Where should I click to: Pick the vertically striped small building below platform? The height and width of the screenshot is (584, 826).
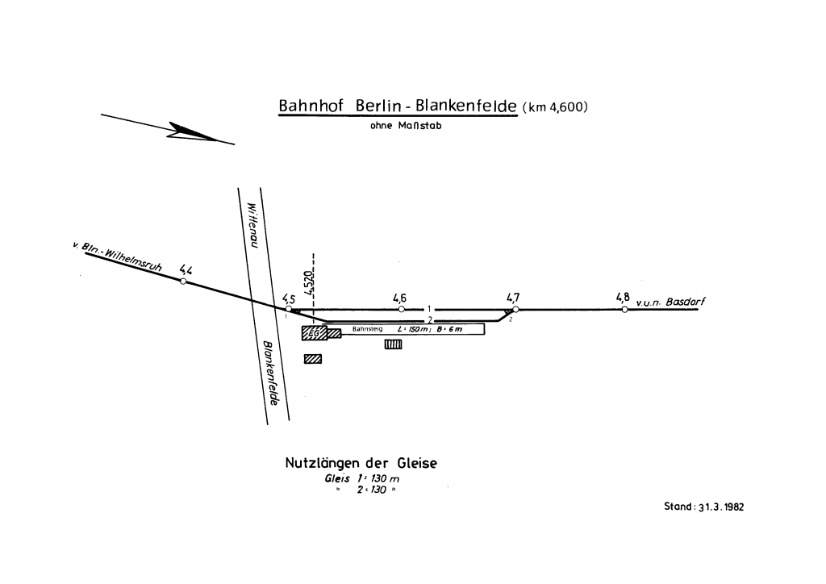(x=393, y=344)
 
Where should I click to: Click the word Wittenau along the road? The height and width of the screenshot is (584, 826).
(x=252, y=223)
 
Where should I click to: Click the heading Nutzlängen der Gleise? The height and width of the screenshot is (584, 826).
(x=361, y=464)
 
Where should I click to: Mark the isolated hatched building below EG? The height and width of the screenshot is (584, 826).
(x=312, y=359)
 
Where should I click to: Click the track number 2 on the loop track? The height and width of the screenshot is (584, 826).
(x=431, y=319)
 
